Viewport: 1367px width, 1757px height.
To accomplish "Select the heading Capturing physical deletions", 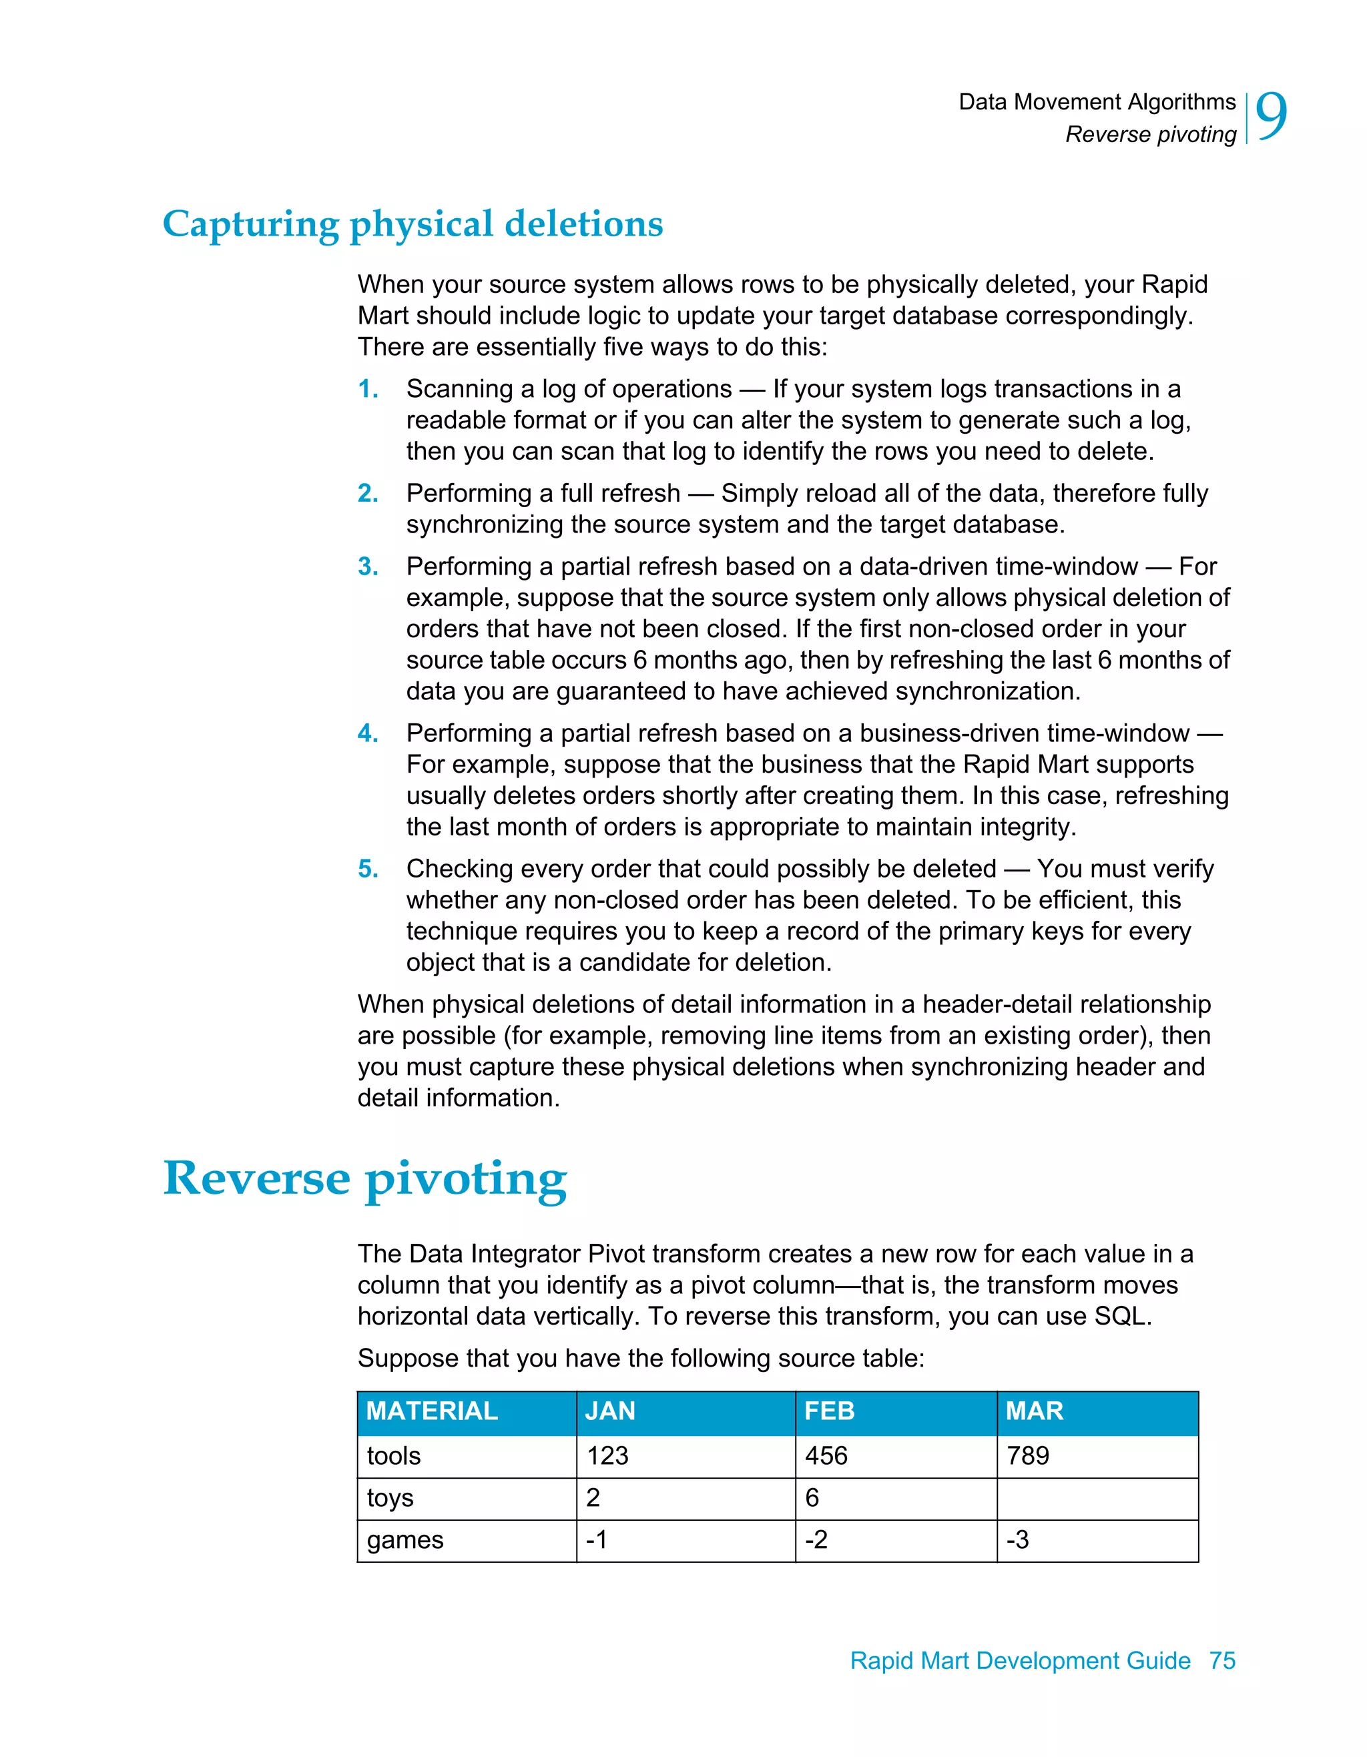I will [x=412, y=224].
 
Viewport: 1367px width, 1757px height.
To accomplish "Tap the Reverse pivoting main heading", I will [x=364, y=1178].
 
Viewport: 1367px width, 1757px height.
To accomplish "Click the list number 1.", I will [x=368, y=390].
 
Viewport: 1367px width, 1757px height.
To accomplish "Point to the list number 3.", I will [x=368, y=567].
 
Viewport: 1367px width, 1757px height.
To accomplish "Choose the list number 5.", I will [x=368, y=869].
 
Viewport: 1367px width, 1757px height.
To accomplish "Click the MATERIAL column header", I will [x=432, y=1411].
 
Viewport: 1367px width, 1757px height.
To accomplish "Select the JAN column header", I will [x=610, y=1411].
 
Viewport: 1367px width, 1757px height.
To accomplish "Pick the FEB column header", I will [x=829, y=1411].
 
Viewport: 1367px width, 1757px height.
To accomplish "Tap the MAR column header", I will [x=1034, y=1411].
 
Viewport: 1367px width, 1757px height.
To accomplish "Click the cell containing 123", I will [x=607, y=1456].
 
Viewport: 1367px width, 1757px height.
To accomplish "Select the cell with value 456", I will [x=826, y=1456].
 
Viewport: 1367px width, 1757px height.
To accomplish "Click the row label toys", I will [x=390, y=1498].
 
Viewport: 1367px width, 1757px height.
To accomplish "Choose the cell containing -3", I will [x=1018, y=1539].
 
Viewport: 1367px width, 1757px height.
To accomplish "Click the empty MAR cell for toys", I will [x=1097, y=1498].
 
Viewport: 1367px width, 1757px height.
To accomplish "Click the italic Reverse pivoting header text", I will [x=1151, y=134].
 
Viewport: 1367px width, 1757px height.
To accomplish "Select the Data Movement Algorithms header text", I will [x=1097, y=102].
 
